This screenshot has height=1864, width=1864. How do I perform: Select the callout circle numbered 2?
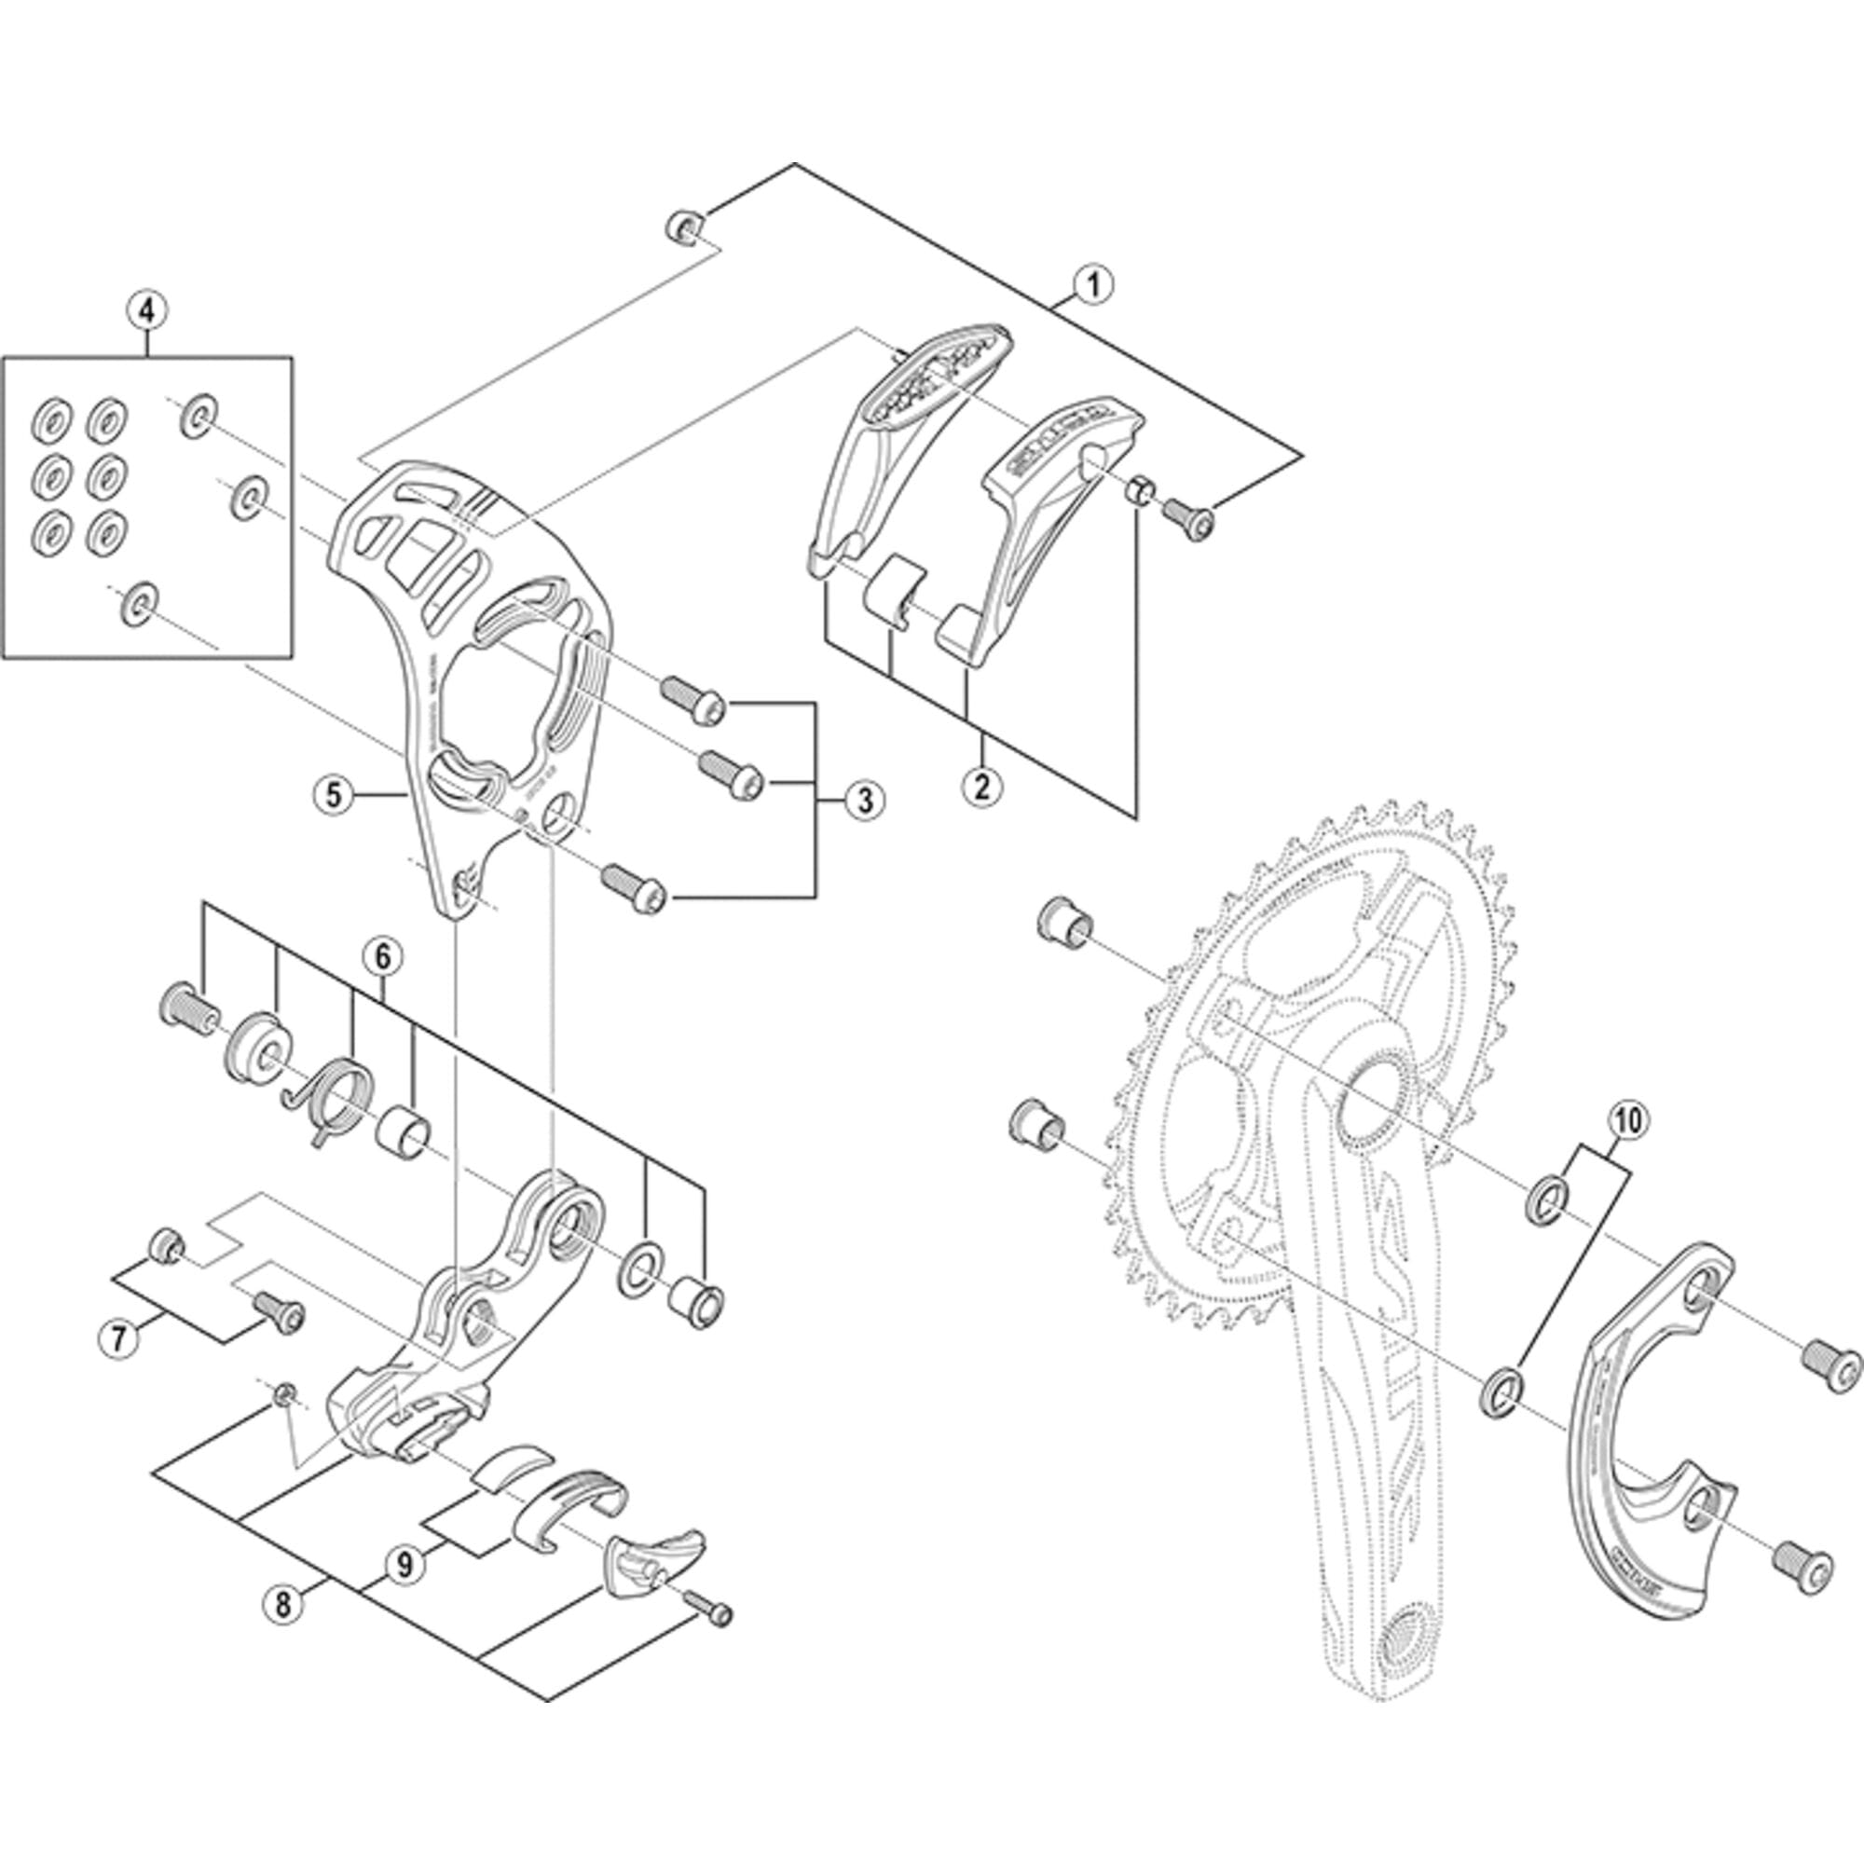click(981, 785)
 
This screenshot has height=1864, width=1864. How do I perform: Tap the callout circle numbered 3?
click(864, 799)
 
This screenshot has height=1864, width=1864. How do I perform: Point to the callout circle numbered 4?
click(146, 310)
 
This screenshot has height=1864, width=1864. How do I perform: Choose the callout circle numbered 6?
click(382, 957)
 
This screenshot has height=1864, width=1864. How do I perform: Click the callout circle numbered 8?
click(281, 1605)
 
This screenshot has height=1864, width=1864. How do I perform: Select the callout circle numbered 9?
click(404, 1564)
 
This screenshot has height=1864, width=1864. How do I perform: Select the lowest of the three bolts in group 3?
click(634, 888)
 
